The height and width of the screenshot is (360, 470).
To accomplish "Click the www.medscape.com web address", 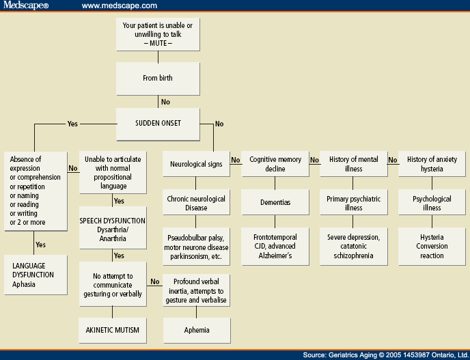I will pyautogui.click(x=120, y=6).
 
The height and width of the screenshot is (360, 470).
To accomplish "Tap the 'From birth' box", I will pyautogui.click(x=157, y=78).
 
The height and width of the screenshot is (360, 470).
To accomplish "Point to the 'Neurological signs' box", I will pyautogui.click(x=196, y=165).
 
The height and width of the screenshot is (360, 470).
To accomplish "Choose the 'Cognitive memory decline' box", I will pyautogui.click(x=275, y=164).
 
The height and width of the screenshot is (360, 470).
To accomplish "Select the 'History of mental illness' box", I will pyautogui.click(x=354, y=164).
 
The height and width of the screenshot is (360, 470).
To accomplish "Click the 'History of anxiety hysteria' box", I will pyautogui.click(x=432, y=164).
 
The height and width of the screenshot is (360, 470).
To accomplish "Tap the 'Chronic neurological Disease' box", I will pyautogui.click(x=196, y=204).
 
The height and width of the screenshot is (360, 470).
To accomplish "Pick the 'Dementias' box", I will pyautogui.click(x=275, y=203).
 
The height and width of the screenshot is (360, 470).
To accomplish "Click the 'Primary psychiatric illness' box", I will pyautogui.click(x=354, y=204).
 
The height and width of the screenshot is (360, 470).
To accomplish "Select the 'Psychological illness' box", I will pyautogui.click(x=432, y=204).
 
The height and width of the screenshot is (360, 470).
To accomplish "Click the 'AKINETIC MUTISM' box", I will pyautogui.click(x=113, y=331).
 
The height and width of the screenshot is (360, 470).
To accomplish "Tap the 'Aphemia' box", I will pyautogui.click(x=196, y=331).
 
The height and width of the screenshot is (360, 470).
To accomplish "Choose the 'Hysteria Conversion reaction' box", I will pyautogui.click(x=432, y=247).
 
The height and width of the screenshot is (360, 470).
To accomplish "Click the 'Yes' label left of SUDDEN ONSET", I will pyautogui.click(x=72, y=124).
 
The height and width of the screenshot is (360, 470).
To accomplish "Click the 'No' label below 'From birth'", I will pyautogui.click(x=165, y=102).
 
